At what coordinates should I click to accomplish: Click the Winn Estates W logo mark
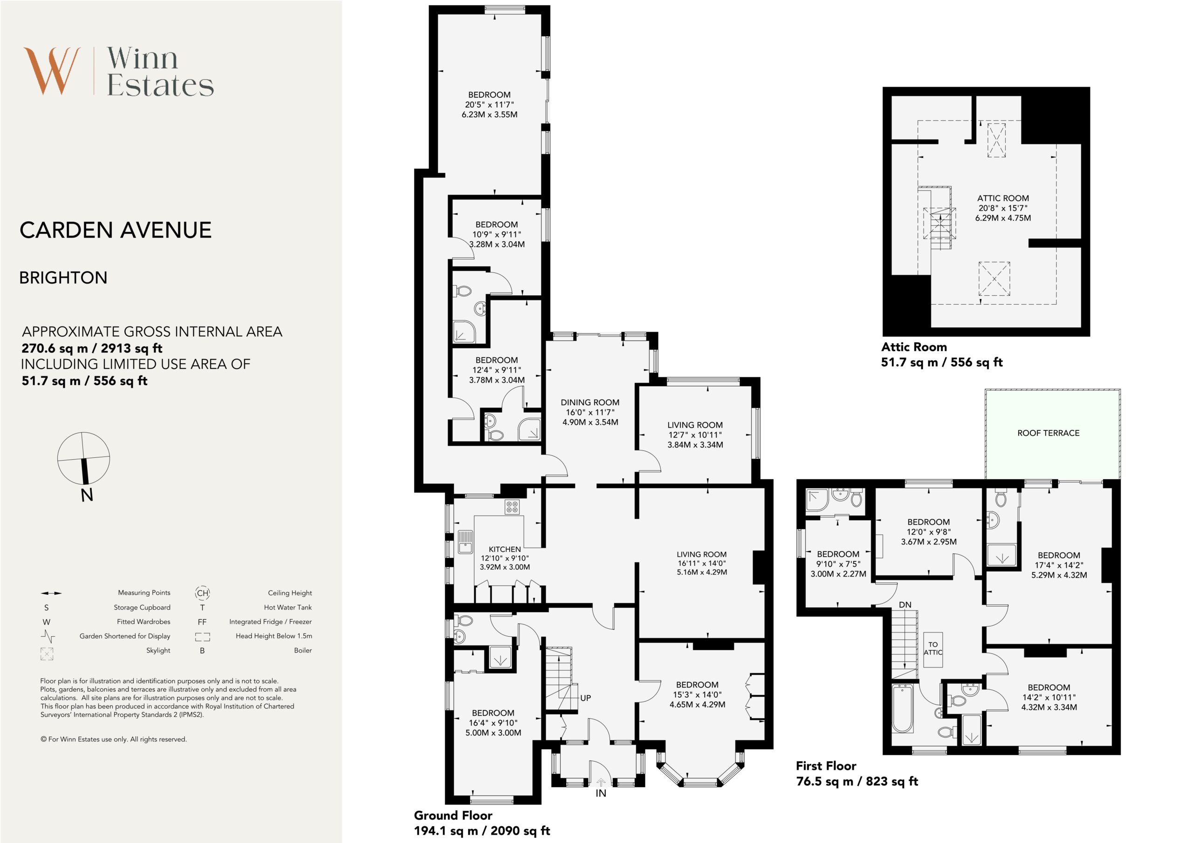[52, 71]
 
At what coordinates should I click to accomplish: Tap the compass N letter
[87, 496]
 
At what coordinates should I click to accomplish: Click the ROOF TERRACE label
[1048, 433]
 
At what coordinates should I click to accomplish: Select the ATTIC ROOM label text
[1003, 198]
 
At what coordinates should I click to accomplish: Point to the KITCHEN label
[505, 549]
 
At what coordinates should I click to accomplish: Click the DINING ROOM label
[590, 402]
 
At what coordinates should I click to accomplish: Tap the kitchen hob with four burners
[512, 507]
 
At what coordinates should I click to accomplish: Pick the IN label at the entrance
[601, 793]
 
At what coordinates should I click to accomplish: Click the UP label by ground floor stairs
[586, 698]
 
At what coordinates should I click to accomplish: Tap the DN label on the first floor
[905, 605]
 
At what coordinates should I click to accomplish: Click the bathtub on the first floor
[903, 708]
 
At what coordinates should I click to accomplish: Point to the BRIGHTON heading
[63, 278]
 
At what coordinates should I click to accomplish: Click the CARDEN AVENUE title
[116, 230]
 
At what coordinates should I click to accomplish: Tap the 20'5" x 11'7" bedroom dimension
[489, 104]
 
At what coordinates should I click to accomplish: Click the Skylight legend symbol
[47, 654]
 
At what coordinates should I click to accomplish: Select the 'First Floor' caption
[826, 766]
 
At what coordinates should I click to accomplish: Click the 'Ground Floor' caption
[453, 815]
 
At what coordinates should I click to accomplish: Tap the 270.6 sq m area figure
[54, 348]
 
